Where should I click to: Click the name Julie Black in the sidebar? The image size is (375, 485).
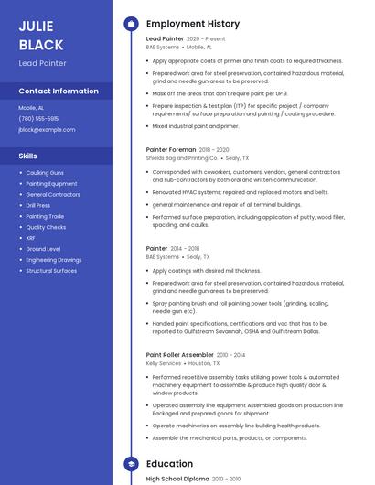(x=41, y=35)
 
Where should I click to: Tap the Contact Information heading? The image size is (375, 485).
(x=59, y=92)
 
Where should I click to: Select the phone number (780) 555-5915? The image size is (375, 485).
(x=38, y=119)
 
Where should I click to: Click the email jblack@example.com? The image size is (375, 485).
(x=47, y=130)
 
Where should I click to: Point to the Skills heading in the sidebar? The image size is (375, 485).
(x=27, y=156)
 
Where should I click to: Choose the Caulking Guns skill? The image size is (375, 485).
(x=45, y=173)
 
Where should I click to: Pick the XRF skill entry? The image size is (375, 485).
(x=31, y=238)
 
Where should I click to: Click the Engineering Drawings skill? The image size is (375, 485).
(x=53, y=260)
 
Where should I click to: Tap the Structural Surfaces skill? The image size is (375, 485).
(x=51, y=271)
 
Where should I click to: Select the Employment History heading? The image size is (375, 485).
(x=193, y=24)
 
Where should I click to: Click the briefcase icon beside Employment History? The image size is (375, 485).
(x=130, y=24)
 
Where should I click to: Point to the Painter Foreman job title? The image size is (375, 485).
(x=171, y=149)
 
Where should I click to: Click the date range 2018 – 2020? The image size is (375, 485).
(x=214, y=149)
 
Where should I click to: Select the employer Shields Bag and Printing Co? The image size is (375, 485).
(x=182, y=158)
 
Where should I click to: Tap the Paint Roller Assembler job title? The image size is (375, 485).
(x=180, y=355)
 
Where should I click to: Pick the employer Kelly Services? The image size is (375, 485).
(x=164, y=363)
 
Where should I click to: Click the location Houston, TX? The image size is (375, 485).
(x=204, y=363)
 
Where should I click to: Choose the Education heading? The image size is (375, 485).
(x=169, y=464)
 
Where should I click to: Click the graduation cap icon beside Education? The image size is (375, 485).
(x=130, y=464)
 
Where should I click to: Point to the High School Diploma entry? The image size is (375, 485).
(x=177, y=479)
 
